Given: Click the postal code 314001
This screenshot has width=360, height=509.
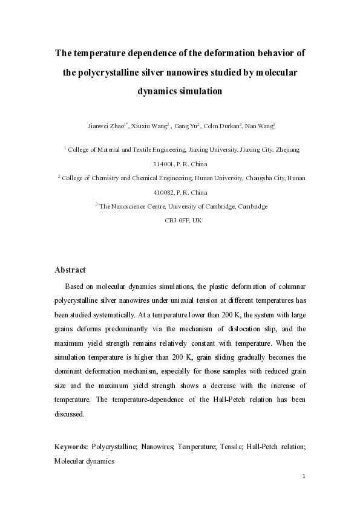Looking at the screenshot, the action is coord(163,163).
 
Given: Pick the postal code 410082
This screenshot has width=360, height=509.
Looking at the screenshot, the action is coord(163,192).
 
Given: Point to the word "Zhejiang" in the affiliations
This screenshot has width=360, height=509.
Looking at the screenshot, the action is coord(287,149).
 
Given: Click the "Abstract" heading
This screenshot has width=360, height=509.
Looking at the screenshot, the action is coord(70,270).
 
